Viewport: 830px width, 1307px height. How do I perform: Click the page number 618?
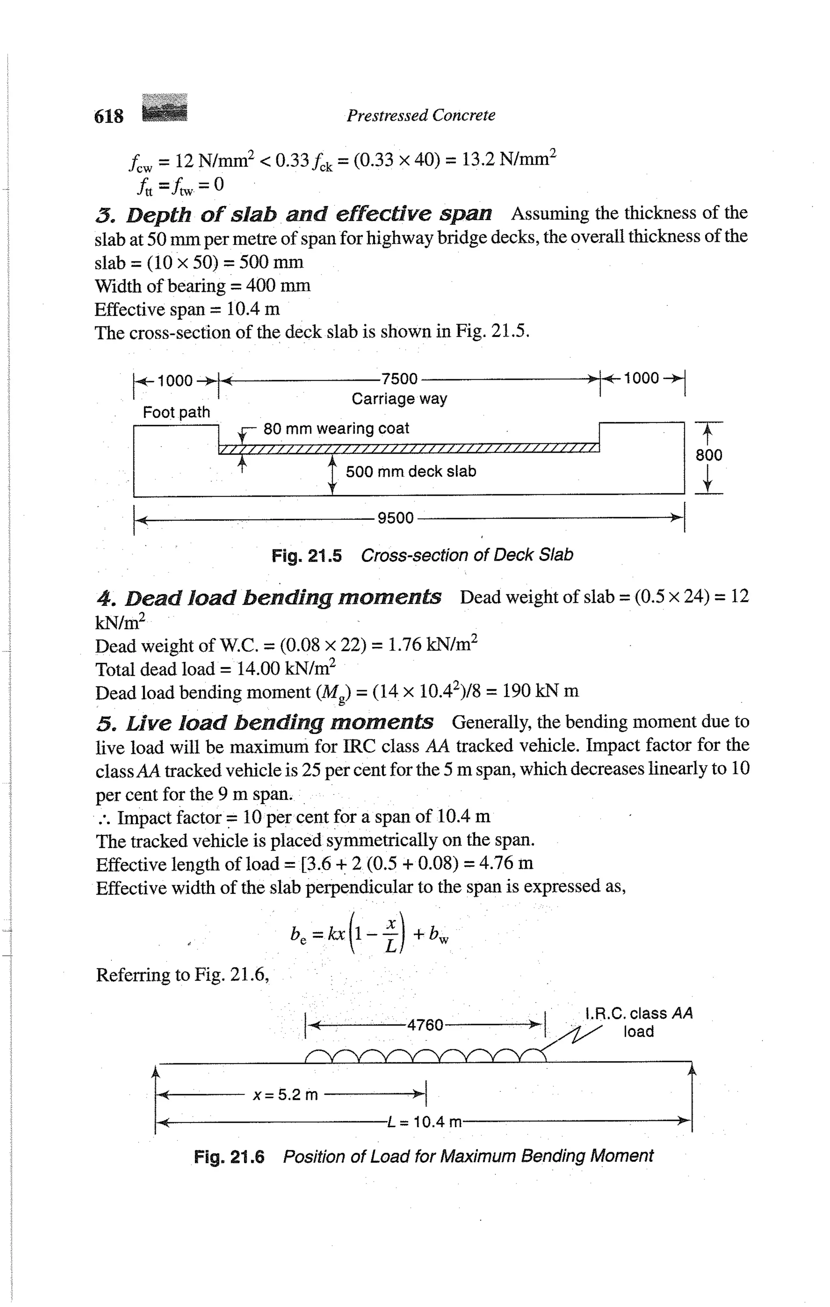[x=109, y=116]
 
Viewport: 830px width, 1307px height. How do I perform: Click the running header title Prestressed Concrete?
[x=421, y=115]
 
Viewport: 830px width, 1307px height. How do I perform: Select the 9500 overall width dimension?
[x=395, y=518]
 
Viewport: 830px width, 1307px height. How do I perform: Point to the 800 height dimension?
[x=709, y=455]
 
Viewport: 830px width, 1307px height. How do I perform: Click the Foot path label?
[x=176, y=412]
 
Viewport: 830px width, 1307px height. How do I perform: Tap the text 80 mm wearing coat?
[x=336, y=429]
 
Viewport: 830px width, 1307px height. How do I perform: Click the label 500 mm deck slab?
[x=411, y=472]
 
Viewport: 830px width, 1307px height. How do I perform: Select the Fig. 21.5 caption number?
[x=307, y=556]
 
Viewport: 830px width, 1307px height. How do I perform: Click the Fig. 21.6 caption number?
[x=229, y=1157]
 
